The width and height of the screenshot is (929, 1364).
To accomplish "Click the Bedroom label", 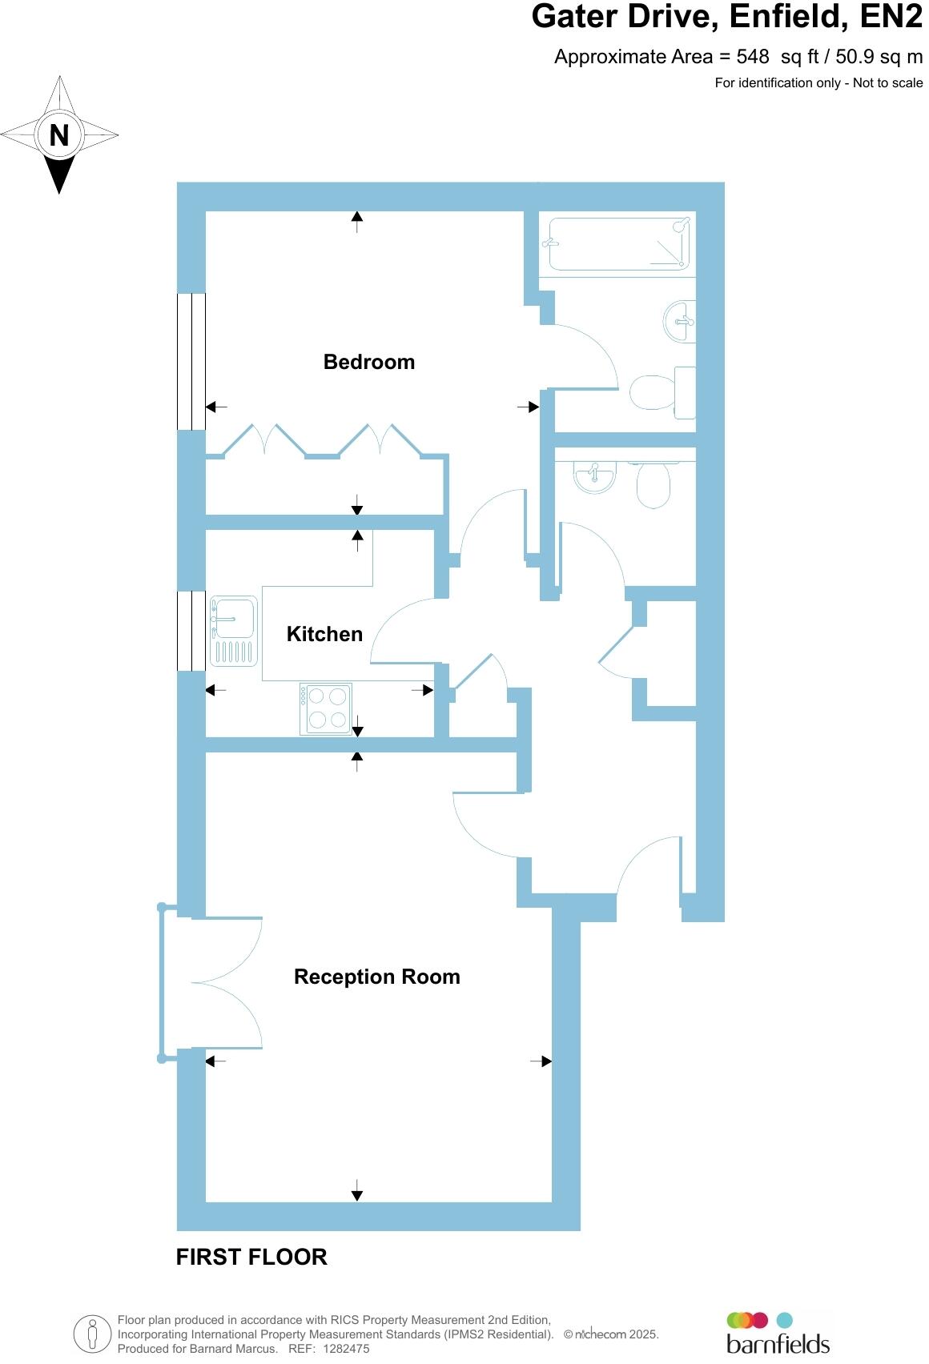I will coord(368,362).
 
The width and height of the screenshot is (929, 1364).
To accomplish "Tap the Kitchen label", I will coord(324,634).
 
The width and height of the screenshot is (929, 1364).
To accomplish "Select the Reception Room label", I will coord(376,977).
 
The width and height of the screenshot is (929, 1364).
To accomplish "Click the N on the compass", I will coord(58,135).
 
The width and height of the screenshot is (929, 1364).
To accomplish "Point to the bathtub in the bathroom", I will coord(616,243).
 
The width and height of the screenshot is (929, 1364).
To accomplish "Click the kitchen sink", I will coord(233,632).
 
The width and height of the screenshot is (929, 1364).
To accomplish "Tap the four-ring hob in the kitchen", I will coord(326,708).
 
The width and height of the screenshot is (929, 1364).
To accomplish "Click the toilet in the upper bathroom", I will coord(661,392).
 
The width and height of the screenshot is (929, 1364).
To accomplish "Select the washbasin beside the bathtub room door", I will coord(680,321).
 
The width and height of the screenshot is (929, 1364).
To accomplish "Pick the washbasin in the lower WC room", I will coord(594,477).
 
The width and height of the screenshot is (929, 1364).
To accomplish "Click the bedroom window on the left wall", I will coord(191,361).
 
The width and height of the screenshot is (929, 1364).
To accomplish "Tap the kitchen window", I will coord(191,631).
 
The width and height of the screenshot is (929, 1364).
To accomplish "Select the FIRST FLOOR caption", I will coord(251,1257).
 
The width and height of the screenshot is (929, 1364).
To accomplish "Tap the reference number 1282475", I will coord(346,1349).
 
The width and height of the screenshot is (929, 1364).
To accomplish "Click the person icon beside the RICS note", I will coord(93,1334).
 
